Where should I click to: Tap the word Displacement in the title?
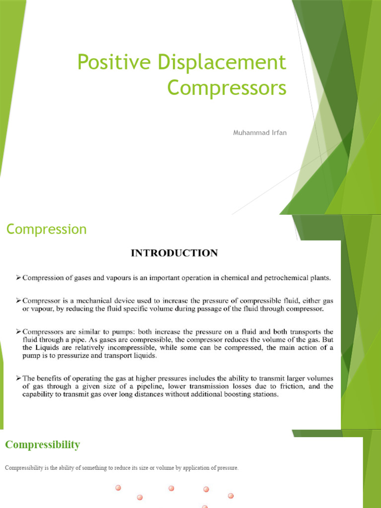tap(218, 63)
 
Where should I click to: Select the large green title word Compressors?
tap(227, 88)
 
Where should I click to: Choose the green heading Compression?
tap(46, 229)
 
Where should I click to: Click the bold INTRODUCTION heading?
tap(174, 253)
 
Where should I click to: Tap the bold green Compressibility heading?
tap(42, 444)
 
